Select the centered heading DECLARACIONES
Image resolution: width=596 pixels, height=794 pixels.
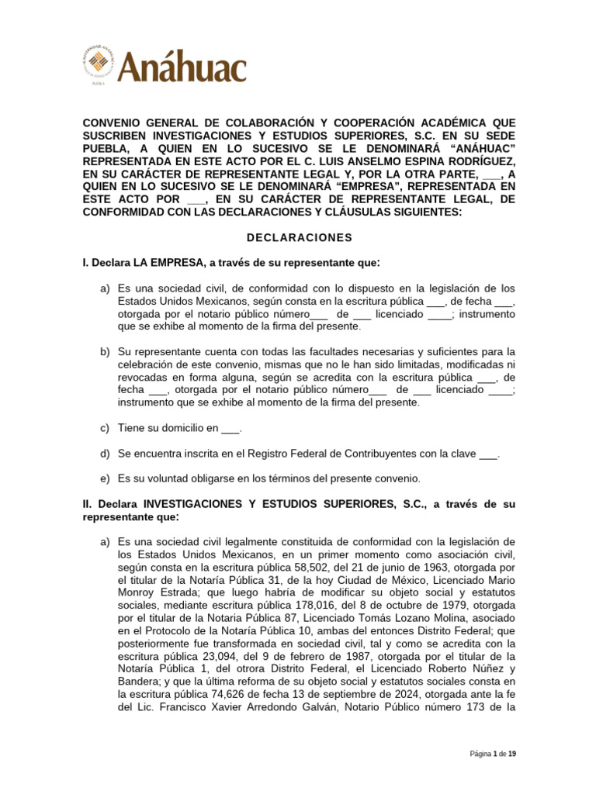pos(298,237)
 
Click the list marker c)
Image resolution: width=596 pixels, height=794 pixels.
pos(104,427)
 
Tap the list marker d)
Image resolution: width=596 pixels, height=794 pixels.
pos(104,452)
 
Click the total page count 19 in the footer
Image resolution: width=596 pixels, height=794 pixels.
pos(511,754)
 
